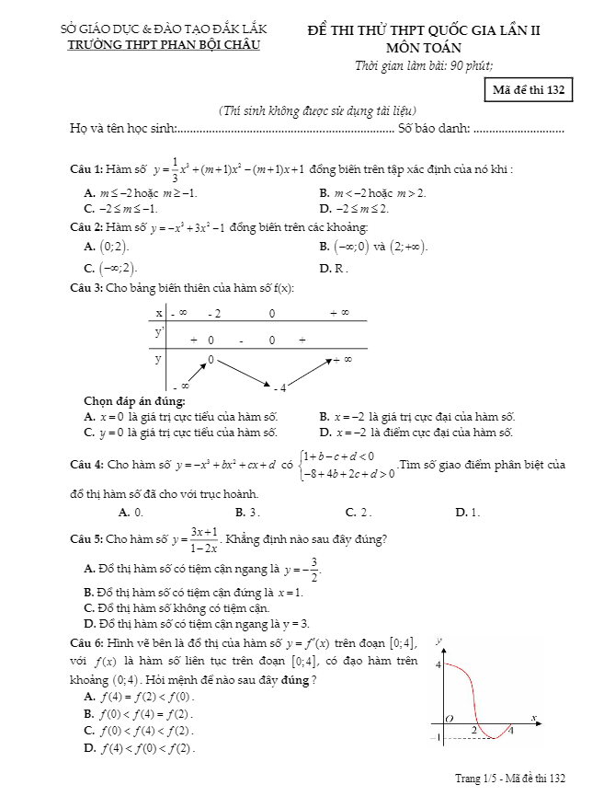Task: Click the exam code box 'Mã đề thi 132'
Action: click(x=528, y=90)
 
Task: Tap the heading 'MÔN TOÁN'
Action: click(x=424, y=47)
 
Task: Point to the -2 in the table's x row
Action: click(x=214, y=314)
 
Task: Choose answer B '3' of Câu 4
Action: click(x=247, y=512)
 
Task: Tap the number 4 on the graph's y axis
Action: click(x=438, y=664)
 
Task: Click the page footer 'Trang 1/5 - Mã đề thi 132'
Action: click(x=510, y=779)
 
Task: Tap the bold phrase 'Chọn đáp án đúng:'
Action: click(x=134, y=401)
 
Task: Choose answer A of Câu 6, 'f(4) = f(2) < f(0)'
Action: click(x=145, y=696)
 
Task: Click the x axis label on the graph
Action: click(x=533, y=716)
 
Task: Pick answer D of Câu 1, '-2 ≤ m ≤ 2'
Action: click(x=355, y=208)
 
